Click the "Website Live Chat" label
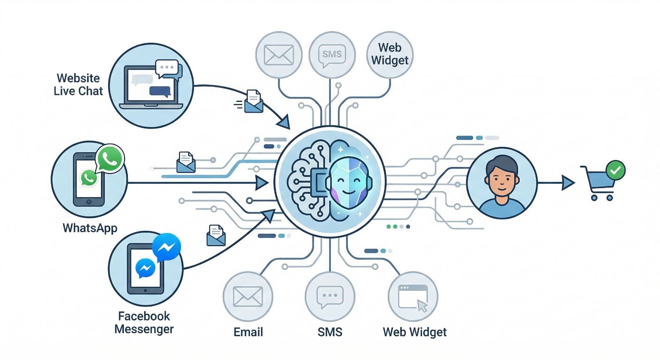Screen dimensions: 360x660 click(x=78, y=85)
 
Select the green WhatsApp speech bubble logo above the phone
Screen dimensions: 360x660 click(x=110, y=159)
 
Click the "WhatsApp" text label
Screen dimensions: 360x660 click(x=90, y=228)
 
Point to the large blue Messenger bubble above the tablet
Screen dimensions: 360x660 click(x=166, y=247)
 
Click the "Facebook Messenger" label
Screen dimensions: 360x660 click(x=144, y=322)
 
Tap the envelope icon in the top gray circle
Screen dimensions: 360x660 click(x=279, y=55)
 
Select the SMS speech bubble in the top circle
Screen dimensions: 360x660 click(x=332, y=55)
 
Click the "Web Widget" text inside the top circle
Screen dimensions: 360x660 click(x=390, y=54)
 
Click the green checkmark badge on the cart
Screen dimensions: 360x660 click(x=615, y=170)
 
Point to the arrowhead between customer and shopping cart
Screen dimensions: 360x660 click(x=568, y=182)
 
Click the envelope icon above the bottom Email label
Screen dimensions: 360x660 click(x=248, y=296)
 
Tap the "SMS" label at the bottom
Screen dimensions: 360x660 click(x=330, y=332)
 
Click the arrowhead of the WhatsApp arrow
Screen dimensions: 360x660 click(x=262, y=182)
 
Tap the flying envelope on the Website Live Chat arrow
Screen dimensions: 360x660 click(x=253, y=101)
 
